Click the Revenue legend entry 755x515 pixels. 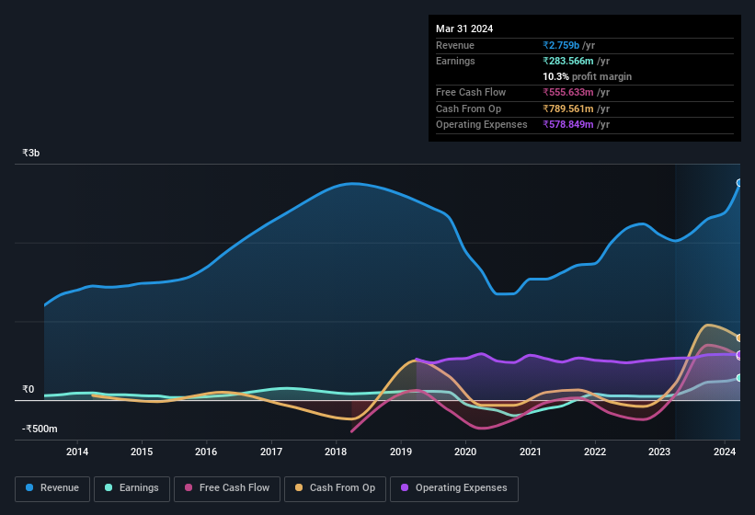tap(52, 488)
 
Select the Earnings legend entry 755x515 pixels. tap(132, 488)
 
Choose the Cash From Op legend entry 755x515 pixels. tap(335, 488)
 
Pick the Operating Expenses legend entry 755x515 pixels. tap(454, 488)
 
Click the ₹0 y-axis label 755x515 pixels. tap(28, 390)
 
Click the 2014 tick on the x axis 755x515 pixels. tap(77, 452)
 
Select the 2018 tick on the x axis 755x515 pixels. tap(336, 452)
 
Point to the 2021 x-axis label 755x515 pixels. tap(530, 452)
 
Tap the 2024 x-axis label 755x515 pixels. tap(725, 452)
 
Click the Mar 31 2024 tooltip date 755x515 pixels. tap(464, 29)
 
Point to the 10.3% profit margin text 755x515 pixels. tap(587, 76)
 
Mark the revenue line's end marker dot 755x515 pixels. tap(739, 183)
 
